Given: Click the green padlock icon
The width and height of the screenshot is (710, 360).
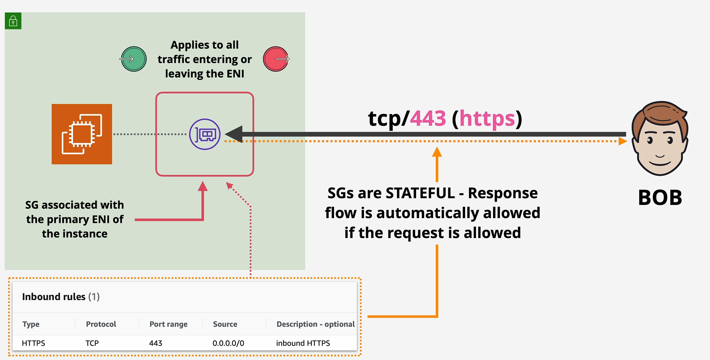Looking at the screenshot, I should [13, 21].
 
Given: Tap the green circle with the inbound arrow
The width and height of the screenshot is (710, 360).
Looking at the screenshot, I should [133, 59].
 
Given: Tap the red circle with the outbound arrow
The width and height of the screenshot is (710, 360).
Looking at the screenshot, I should [276, 59].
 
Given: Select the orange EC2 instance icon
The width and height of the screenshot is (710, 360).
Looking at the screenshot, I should [82, 134].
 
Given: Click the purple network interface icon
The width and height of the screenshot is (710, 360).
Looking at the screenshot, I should [205, 134].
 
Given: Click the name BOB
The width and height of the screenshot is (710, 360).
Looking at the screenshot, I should [660, 198].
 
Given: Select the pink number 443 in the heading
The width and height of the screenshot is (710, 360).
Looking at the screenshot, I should [428, 119].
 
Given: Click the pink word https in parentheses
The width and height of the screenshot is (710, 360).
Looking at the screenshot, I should [487, 119].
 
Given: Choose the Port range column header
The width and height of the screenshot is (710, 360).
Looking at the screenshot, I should [168, 324].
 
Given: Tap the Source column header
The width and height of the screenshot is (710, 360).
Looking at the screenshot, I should [225, 324].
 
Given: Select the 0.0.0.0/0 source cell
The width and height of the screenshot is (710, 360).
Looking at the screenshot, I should [228, 343].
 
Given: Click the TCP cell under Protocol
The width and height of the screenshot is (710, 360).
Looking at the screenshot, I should [92, 343].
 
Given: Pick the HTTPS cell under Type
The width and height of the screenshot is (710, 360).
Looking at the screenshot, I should [33, 343].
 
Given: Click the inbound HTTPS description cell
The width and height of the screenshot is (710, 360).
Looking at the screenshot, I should [303, 343].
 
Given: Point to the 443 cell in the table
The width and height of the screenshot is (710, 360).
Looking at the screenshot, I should [155, 343].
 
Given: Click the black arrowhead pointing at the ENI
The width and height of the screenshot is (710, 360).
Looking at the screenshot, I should [234, 134].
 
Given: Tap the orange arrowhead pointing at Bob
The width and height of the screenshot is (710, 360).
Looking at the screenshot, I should [622, 141].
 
